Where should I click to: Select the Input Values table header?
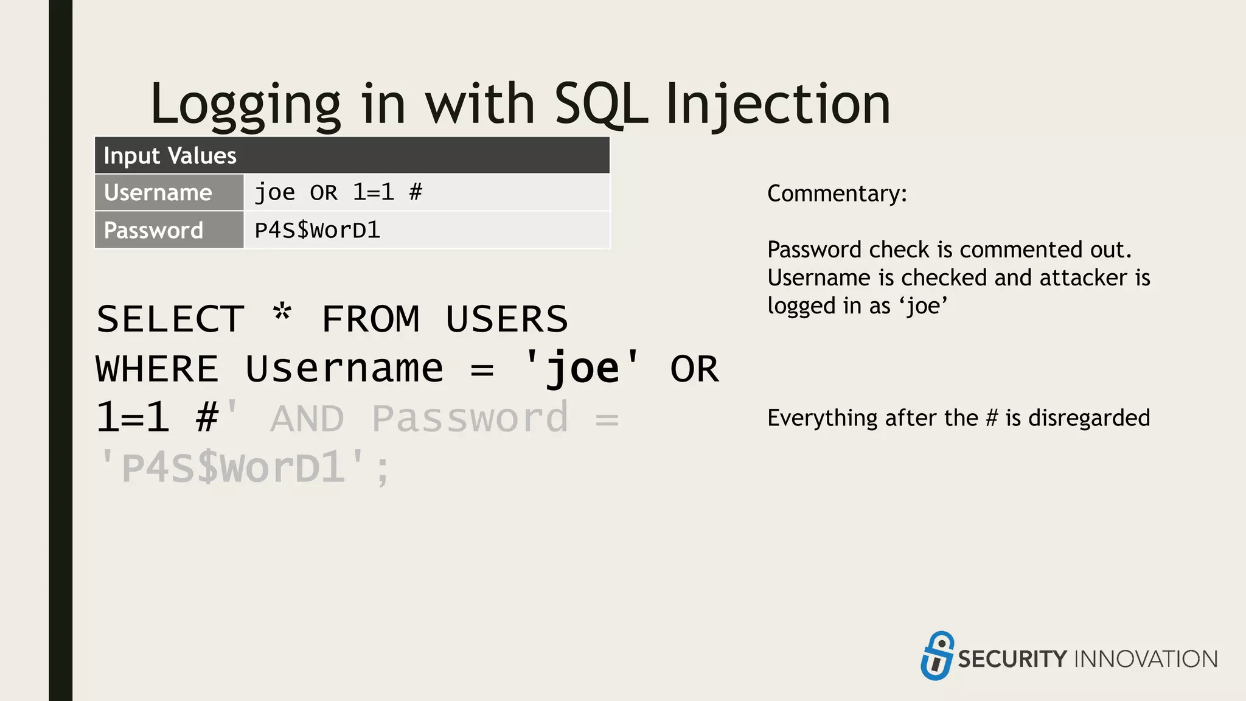[352, 156]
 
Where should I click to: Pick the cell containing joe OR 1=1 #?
[426, 193]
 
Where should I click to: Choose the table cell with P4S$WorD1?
[426, 231]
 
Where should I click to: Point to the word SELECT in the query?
[170, 319]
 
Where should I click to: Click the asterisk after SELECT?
[282, 314]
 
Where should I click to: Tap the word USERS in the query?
[506, 319]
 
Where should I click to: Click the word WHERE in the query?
[157, 369]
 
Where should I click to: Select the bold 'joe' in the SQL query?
[582, 368]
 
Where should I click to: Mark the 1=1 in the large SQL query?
[133, 419]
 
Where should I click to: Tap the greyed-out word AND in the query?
[307, 419]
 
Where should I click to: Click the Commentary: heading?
[837, 194]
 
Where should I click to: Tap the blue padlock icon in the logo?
[937, 655]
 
